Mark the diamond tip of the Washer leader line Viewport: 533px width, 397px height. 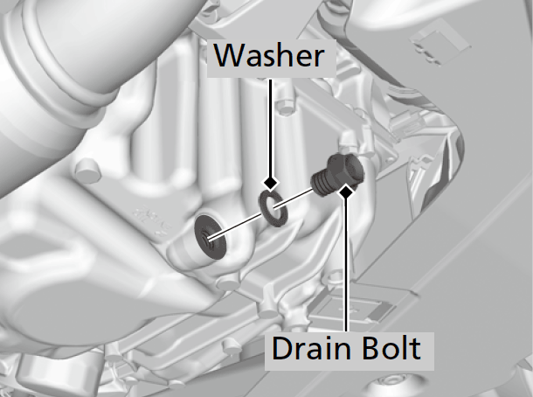pyautogui.click(x=271, y=184)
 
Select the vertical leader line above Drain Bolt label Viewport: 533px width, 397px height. pyautogui.click(x=348, y=262)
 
